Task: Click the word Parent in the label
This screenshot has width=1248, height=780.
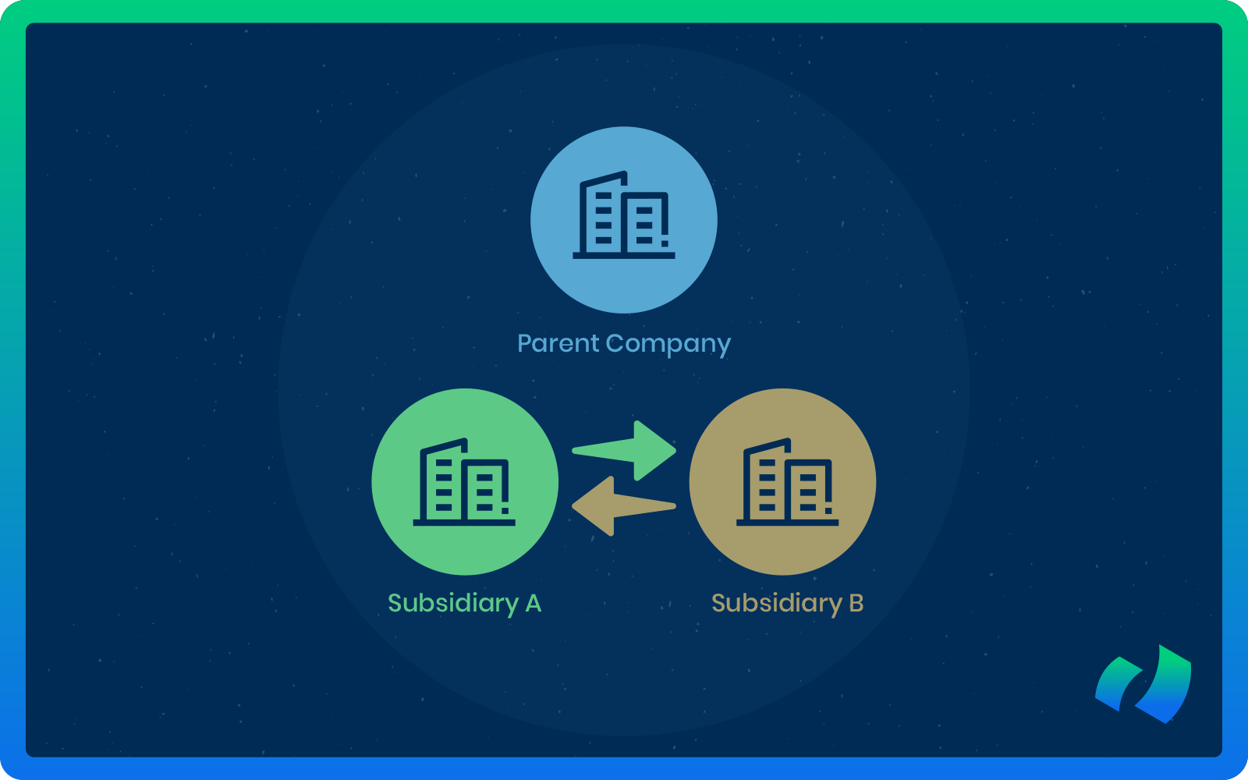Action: pyautogui.click(x=558, y=343)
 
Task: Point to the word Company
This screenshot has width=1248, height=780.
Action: pyautogui.click(x=668, y=344)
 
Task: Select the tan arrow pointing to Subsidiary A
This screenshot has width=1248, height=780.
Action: pyautogui.click(x=624, y=507)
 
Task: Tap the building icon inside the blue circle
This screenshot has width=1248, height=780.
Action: pyautogui.click(x=624, y=215)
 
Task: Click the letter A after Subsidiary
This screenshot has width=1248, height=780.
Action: pyautogui.click(x=534, y=603)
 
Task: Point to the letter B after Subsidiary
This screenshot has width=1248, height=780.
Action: pyautogui.click(x=856, y=603)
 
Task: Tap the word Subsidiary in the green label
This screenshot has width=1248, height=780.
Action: pyautogui.click(x=453, y=603)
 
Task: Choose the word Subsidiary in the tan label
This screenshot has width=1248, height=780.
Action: pyautogui.click(x=777, y=603)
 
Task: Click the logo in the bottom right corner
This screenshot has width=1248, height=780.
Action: pyautogui.click(x=1144, y=684)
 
